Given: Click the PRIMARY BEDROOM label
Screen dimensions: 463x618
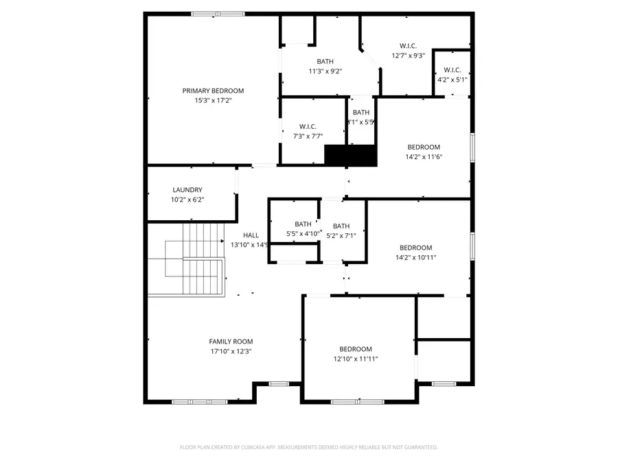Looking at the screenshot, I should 213,91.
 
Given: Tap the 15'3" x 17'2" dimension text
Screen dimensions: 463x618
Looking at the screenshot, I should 213,100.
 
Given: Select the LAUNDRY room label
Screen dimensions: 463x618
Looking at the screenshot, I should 187,190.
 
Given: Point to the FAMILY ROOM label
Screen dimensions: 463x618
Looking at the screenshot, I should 231,342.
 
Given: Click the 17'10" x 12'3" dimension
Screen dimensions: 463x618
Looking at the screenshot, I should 231,351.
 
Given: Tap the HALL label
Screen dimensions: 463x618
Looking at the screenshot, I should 251,235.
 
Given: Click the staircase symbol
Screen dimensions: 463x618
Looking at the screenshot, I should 187,260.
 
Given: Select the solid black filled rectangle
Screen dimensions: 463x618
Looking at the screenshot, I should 351,156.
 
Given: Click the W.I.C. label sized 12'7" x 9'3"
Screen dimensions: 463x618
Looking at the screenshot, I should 408,46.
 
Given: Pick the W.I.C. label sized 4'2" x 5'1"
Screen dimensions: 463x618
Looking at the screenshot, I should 452,70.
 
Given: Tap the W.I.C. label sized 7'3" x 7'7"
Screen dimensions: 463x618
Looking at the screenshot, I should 307,126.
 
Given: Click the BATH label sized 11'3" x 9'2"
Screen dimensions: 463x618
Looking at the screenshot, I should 325,62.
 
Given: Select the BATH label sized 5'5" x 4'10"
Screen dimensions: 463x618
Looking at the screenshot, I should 303,224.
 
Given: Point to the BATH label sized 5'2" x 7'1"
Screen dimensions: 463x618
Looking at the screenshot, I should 341,226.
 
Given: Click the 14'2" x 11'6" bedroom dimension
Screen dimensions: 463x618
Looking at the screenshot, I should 424,156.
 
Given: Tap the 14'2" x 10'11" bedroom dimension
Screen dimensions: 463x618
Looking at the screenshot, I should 416,257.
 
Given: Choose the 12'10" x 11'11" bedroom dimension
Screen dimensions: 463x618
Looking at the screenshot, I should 355,359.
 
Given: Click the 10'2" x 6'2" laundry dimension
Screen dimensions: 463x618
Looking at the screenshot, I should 187,200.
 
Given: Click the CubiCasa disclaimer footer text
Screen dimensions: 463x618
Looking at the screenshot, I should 308,447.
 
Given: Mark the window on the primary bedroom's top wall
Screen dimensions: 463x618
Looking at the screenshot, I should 217,13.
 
